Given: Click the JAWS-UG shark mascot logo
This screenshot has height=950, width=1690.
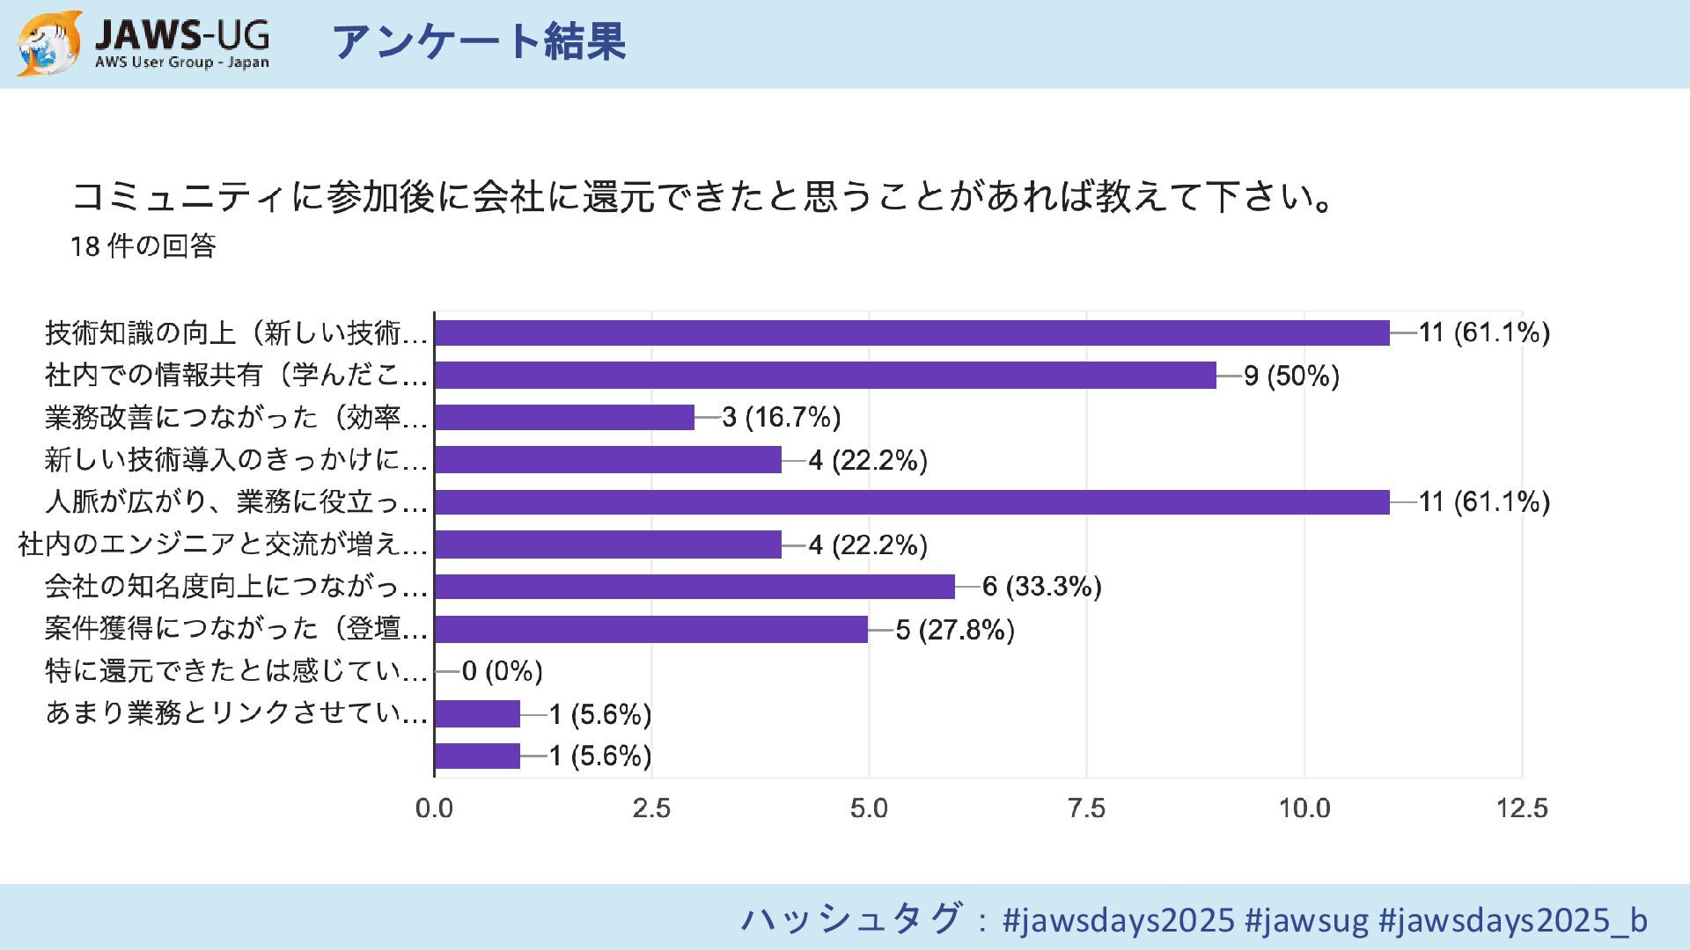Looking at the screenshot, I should (x=49, y=42).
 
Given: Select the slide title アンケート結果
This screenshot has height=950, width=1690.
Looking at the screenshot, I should (x=479, y=42).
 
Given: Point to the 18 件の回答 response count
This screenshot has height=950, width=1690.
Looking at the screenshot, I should (x=143, y=246).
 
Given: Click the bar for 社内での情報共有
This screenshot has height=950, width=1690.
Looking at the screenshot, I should (x=825, y=376).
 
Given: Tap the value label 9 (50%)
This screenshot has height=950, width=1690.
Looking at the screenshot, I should (x=1291, y=376).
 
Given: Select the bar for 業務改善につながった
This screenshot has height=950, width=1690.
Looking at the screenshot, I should (x=564, y=417).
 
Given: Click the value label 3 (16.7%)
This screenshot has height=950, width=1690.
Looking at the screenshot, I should (x=782, y=417).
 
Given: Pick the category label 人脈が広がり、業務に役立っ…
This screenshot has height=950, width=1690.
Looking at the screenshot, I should (x=236, y=501).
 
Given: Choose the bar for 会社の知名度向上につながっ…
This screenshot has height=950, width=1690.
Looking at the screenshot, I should (x=694, y=587).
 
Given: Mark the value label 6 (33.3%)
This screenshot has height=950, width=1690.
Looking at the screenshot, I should (x=1042, y=587).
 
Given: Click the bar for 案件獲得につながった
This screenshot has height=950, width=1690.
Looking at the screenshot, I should (x=651, y=629).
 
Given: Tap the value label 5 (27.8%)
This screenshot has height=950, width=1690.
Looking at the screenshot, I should (x=955, y=630).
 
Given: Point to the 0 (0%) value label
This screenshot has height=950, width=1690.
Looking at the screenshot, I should (x=502, y=671).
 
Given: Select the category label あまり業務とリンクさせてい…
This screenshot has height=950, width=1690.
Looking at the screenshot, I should (x=236, y=712).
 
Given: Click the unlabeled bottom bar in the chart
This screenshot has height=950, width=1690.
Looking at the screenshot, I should (x=477, y=756).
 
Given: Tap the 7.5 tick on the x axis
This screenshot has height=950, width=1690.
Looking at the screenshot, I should (x=1086, y=808).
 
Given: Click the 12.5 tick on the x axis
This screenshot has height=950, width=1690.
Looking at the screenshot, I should (x=1521, y=808).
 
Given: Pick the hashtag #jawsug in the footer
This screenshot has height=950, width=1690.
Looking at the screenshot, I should (x=1306, y=920).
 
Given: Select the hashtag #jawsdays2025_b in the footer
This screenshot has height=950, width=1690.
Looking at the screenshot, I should (x=1512, y=920).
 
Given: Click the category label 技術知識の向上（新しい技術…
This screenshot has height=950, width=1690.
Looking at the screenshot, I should (x=236, y=332).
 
